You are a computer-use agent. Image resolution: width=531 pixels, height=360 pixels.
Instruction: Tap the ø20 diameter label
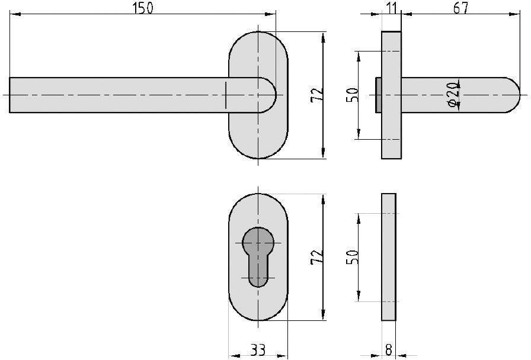pyautogui.click(x=452, y=95)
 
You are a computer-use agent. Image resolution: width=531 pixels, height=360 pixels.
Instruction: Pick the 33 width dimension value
pyautogui.click(x=258, y=350)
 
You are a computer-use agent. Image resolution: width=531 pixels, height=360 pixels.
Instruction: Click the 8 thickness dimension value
pyautogui.click(x=388, y=350)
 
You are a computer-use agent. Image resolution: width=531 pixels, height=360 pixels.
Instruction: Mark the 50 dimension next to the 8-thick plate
pyautogui.click(x=351, y=257)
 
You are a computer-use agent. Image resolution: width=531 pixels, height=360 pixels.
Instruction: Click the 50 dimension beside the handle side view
pyautogui.click(x=351, y=95)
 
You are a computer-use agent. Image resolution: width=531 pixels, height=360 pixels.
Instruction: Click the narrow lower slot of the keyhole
pyautogui.click(x=258, y=272)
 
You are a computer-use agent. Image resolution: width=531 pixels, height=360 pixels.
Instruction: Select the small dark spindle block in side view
pyautogui.click(x=378, y=95)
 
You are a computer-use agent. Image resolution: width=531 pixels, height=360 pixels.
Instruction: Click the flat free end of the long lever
pyautogui.click(x=11, y=95)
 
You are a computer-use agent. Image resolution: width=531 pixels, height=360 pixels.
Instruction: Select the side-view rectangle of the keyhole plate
pyautogui.click(x=388, y=257)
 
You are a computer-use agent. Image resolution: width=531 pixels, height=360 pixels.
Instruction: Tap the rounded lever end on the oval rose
pyautogui.click(x=267, y=95)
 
